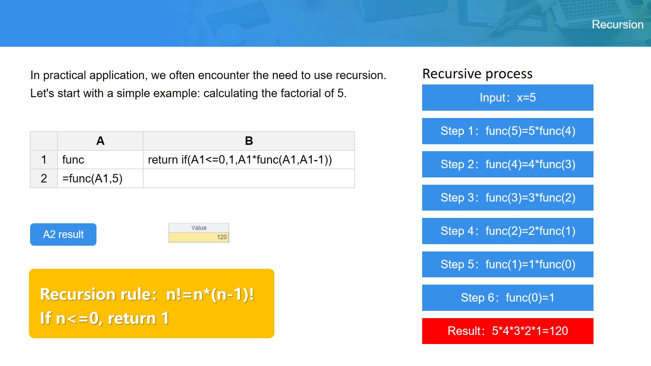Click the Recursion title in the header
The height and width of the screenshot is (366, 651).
coord(617,24)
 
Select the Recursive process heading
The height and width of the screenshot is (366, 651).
coord(477,74)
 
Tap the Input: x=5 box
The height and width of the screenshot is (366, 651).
coord(508,98)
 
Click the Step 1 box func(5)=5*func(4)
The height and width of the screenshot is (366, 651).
coord(508,131)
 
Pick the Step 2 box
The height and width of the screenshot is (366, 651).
coord(508,164)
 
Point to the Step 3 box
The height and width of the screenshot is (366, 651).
coord(508,197)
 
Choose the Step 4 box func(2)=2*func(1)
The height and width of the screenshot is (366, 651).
coord(508,231)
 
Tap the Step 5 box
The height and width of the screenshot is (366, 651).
coord(508,264)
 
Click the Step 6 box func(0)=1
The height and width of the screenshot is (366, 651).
coord(508,298)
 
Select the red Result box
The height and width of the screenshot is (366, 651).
coord(508,331)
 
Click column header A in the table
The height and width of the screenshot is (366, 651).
coord(100,141)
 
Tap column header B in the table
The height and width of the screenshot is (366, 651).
coord(249,141)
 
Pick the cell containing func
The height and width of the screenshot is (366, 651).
coord(100,160)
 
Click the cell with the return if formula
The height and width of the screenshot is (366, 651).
coord(249,160)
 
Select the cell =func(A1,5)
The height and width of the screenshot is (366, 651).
coord(100,178)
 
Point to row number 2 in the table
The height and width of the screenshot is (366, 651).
coord(44,178)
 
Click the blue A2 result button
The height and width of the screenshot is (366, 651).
coord(63,234)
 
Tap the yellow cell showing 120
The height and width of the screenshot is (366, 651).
coord(199,237)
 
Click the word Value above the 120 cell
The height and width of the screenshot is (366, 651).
coord(199,228)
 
